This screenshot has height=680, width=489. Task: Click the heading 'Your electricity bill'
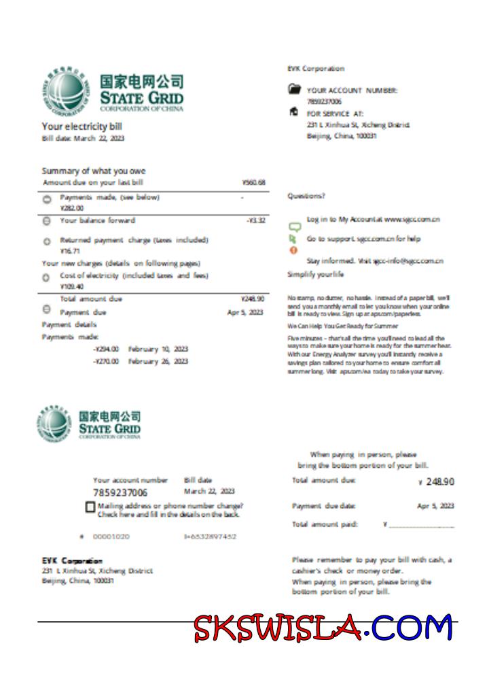81,126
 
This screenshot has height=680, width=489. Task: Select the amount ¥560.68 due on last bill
253,183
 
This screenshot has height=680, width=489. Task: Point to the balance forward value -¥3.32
255,220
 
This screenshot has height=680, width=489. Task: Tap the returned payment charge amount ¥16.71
70,251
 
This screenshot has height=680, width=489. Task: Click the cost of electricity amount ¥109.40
71,286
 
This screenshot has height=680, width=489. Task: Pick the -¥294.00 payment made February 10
106,349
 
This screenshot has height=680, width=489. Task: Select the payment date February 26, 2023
158,362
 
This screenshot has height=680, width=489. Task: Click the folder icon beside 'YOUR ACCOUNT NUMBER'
294,89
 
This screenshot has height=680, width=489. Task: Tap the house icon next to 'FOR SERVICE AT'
293,112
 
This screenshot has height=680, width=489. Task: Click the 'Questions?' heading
306,196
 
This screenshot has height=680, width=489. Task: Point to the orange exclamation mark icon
294,250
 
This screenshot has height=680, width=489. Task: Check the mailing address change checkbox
90,507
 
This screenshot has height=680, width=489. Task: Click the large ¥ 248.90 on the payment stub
437,481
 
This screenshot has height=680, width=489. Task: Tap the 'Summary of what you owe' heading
94,171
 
